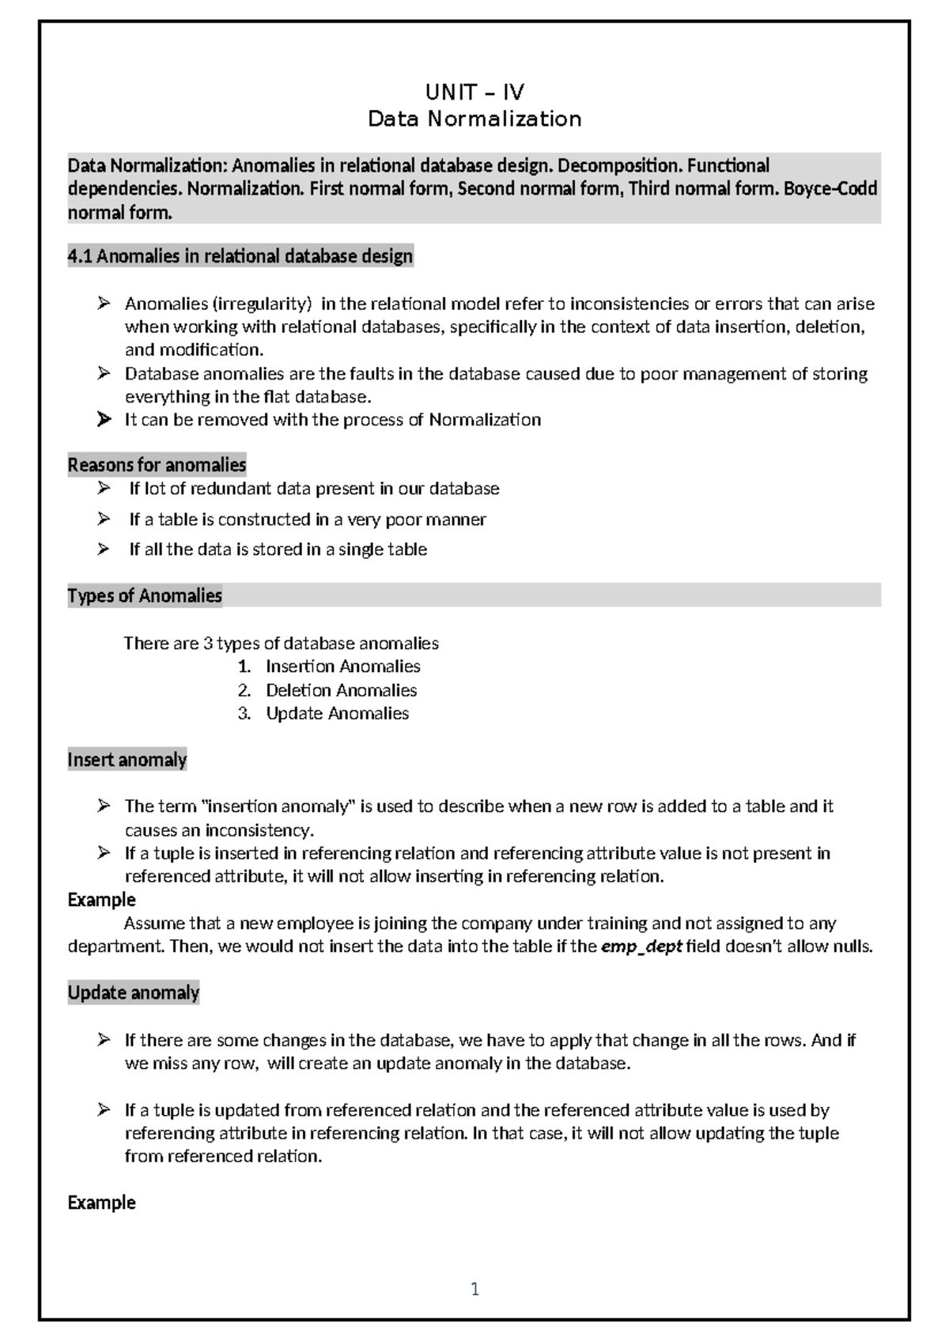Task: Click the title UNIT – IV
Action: tap(475, 93)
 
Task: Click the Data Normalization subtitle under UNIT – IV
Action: tap(475, 119)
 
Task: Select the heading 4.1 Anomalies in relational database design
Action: tap(240, 256)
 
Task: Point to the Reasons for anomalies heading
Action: tap(157, 465)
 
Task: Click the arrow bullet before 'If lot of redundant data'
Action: tap(104, 489)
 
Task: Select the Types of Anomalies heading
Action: tap(145, 595)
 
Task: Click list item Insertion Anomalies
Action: tap(342, 667)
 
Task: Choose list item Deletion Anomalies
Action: tap(341, 690)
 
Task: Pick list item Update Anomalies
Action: tap(337, 713)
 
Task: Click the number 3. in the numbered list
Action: tap(244, 713)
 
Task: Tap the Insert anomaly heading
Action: tap(127, 760)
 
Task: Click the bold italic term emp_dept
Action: tap(641, 946)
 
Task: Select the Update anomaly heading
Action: tap(134, 992)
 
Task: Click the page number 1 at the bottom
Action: tap(475, 1290)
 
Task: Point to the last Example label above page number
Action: tap(101, 1203)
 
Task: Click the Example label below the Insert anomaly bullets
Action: tap(101, 900)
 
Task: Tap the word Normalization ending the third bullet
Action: tap(485, 420)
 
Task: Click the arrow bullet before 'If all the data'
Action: tap(104, 549)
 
